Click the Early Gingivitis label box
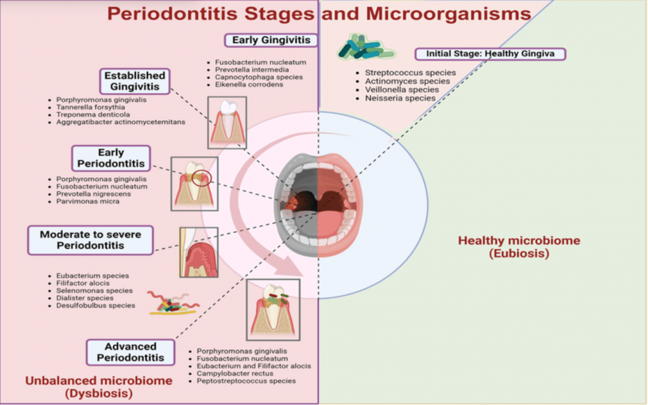271,40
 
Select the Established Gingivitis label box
135,81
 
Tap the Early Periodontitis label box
111,158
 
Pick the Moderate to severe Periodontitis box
90,240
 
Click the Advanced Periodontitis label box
130,352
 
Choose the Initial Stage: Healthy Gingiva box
490,54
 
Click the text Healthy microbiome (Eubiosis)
519,247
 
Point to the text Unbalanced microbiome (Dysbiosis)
99,387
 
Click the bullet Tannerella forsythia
90,107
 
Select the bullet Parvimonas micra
87,201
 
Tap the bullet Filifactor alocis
83,283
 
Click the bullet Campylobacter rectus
235,373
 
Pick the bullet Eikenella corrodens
249,84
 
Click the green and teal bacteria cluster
365,47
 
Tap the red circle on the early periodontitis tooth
202,178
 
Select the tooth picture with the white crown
227,123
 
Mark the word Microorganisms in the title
449,14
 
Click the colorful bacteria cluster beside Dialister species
173,303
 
